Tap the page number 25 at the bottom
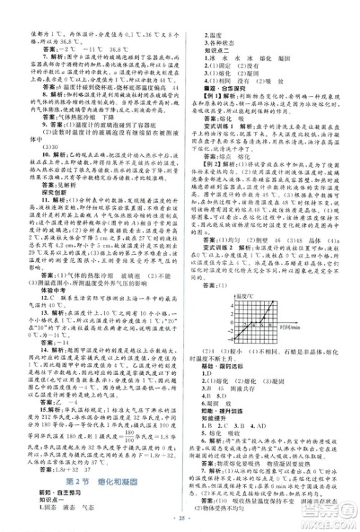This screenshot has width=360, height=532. [x=180, y=518]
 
